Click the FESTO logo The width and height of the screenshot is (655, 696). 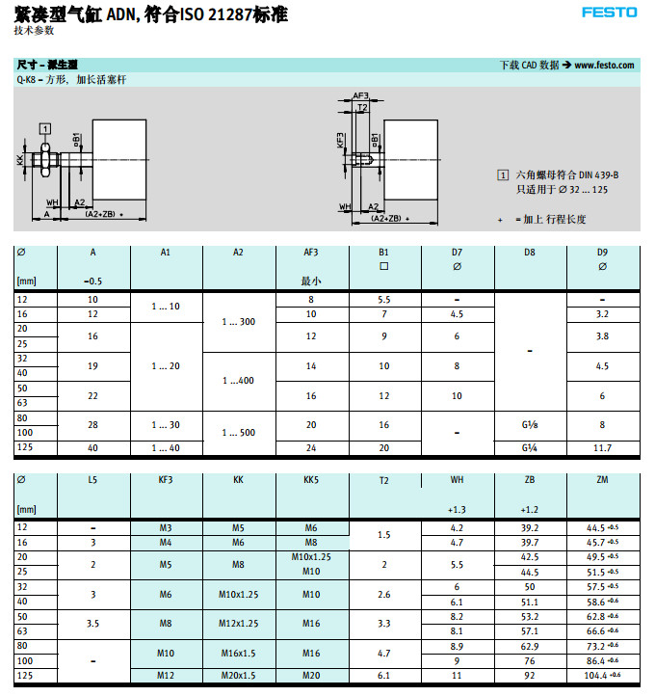(x=609, y=12)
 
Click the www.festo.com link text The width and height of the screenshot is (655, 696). (x=605, y=65)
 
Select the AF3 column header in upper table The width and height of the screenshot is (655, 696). (x=311, y=253)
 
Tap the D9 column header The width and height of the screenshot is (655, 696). (x=602, y=253)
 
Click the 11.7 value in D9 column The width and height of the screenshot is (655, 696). (x=602, y=448)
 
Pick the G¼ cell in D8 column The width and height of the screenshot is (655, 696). (x=529, y=448)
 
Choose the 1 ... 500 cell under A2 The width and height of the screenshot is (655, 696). (x=239, y=433)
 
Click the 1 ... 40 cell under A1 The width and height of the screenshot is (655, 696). (x=166, y=448)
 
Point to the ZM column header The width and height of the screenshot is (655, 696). (x=602, y=479)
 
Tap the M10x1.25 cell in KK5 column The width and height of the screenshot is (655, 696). (x=311, y=557)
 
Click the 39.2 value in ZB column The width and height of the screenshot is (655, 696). (x=529, y=527)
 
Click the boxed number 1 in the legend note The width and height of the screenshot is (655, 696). (x=502, y=174)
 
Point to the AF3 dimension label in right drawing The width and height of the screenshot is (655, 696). (x=360, y=96)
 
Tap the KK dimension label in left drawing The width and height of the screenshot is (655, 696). (x=20, y=159)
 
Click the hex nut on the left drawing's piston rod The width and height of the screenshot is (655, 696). (x=45, y=159)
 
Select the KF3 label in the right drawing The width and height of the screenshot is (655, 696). (x=341, y=141)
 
